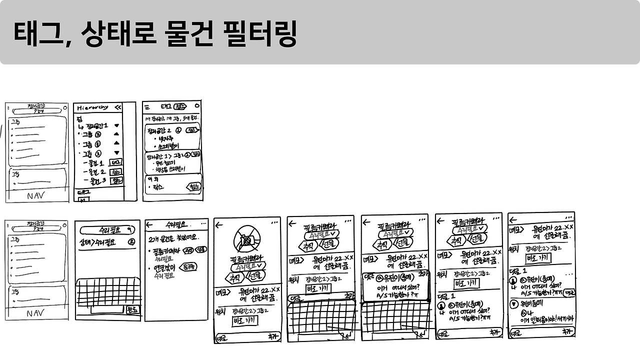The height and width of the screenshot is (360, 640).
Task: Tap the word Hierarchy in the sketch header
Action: point(92,107)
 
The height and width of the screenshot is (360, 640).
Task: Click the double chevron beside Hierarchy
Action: point(118,107)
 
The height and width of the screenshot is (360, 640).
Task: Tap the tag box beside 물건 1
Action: point(115,162)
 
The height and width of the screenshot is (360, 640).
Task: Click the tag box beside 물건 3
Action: point(117,180)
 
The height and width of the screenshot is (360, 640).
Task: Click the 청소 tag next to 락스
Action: point(193,187)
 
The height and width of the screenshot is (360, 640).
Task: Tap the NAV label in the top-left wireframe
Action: point(36,195)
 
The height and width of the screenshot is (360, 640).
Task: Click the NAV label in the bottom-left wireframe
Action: point(35,313)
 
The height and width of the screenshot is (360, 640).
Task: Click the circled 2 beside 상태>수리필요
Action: point(132,242)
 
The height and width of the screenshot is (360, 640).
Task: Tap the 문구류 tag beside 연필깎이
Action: point(188,267)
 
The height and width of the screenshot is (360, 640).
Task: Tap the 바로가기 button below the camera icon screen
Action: point(245,320)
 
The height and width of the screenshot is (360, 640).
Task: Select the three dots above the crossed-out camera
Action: point(274,223)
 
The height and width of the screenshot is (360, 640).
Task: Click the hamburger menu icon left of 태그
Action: point(147,106)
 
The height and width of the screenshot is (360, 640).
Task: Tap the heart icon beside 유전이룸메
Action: point(513,303)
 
